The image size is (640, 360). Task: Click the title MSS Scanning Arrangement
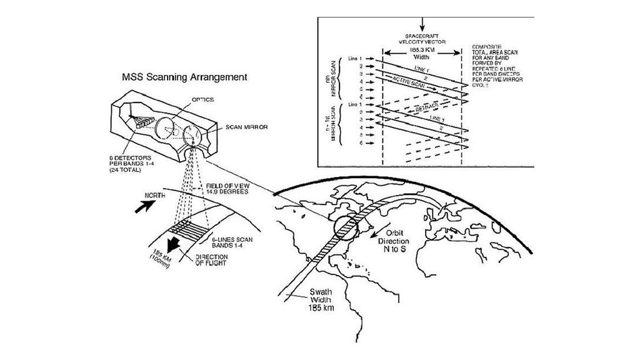click(184, 77)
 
